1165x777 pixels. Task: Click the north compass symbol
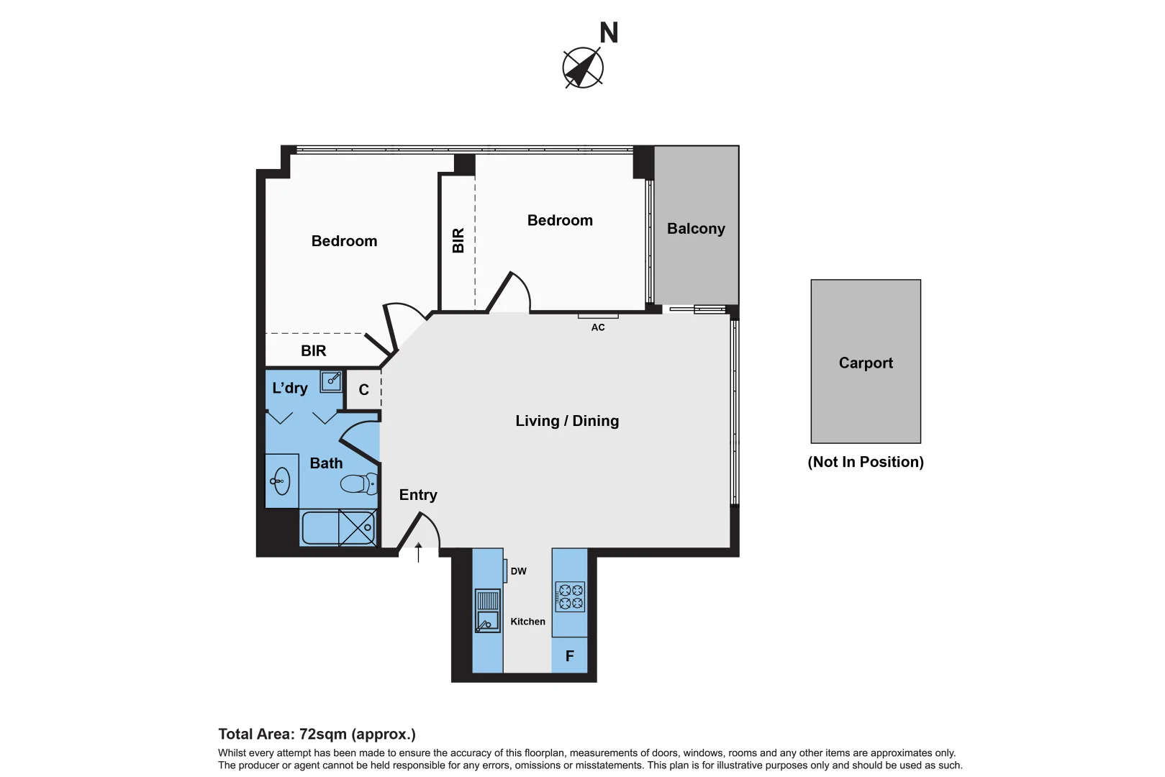click(x=582, y=68)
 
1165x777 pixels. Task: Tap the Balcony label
click(x=695, y=229)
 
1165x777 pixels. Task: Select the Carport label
click(x=865, y=363)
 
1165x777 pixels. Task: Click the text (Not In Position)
click(x=865, y=462)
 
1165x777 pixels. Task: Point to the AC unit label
click(x=597, y=327)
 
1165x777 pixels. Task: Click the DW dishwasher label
click(x=518, y=571)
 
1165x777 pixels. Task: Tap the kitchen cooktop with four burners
click(x=570, y=596)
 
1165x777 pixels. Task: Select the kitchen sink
click(x=487, y=611)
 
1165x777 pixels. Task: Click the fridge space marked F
click(x=569, y=656)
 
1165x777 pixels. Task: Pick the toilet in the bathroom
click(x=358, y=483)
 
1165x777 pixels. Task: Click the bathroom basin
click(x=281, y=481)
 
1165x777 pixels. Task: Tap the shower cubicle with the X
click(x=357, y=527)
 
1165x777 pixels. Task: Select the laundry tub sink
click(x=331, y=381)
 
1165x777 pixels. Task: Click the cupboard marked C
click(x=363, y=390)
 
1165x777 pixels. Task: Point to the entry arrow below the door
click(x=418, y=552)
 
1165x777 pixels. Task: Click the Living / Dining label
click(x=566, y=421)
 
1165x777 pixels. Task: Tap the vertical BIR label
click(x=458, y=240)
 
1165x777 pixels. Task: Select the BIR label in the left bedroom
click(x=313, y=351)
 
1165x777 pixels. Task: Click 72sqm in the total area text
click(x=322, y=735)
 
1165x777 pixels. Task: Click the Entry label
click(x=417, y=495)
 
